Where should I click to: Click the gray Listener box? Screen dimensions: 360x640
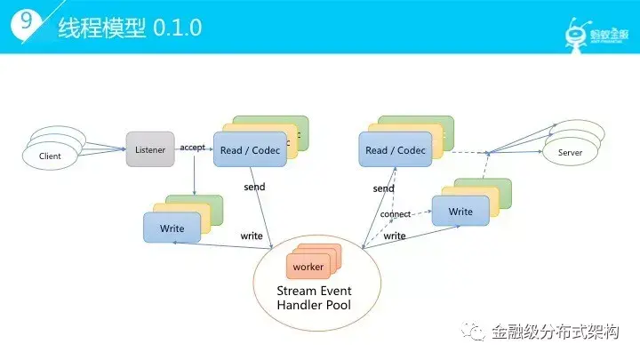(149, 149)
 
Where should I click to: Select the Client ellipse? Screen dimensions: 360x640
(50, 156)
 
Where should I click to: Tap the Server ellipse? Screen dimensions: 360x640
(569, 153)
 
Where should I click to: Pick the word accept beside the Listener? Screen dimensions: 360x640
(193, 147)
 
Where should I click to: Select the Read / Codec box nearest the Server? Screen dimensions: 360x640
(395, 150)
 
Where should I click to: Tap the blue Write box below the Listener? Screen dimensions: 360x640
(172, 228)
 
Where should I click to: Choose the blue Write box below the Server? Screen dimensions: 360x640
(460, 212)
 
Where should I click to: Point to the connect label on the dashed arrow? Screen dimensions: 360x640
(395, 214)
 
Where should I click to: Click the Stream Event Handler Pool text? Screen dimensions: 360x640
(315, 298)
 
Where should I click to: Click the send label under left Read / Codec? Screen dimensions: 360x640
(254, 188)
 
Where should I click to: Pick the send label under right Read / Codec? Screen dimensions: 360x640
(383, 188)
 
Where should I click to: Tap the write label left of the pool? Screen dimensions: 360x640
(251, 236)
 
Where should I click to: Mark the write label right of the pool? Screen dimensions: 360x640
(395, 236)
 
